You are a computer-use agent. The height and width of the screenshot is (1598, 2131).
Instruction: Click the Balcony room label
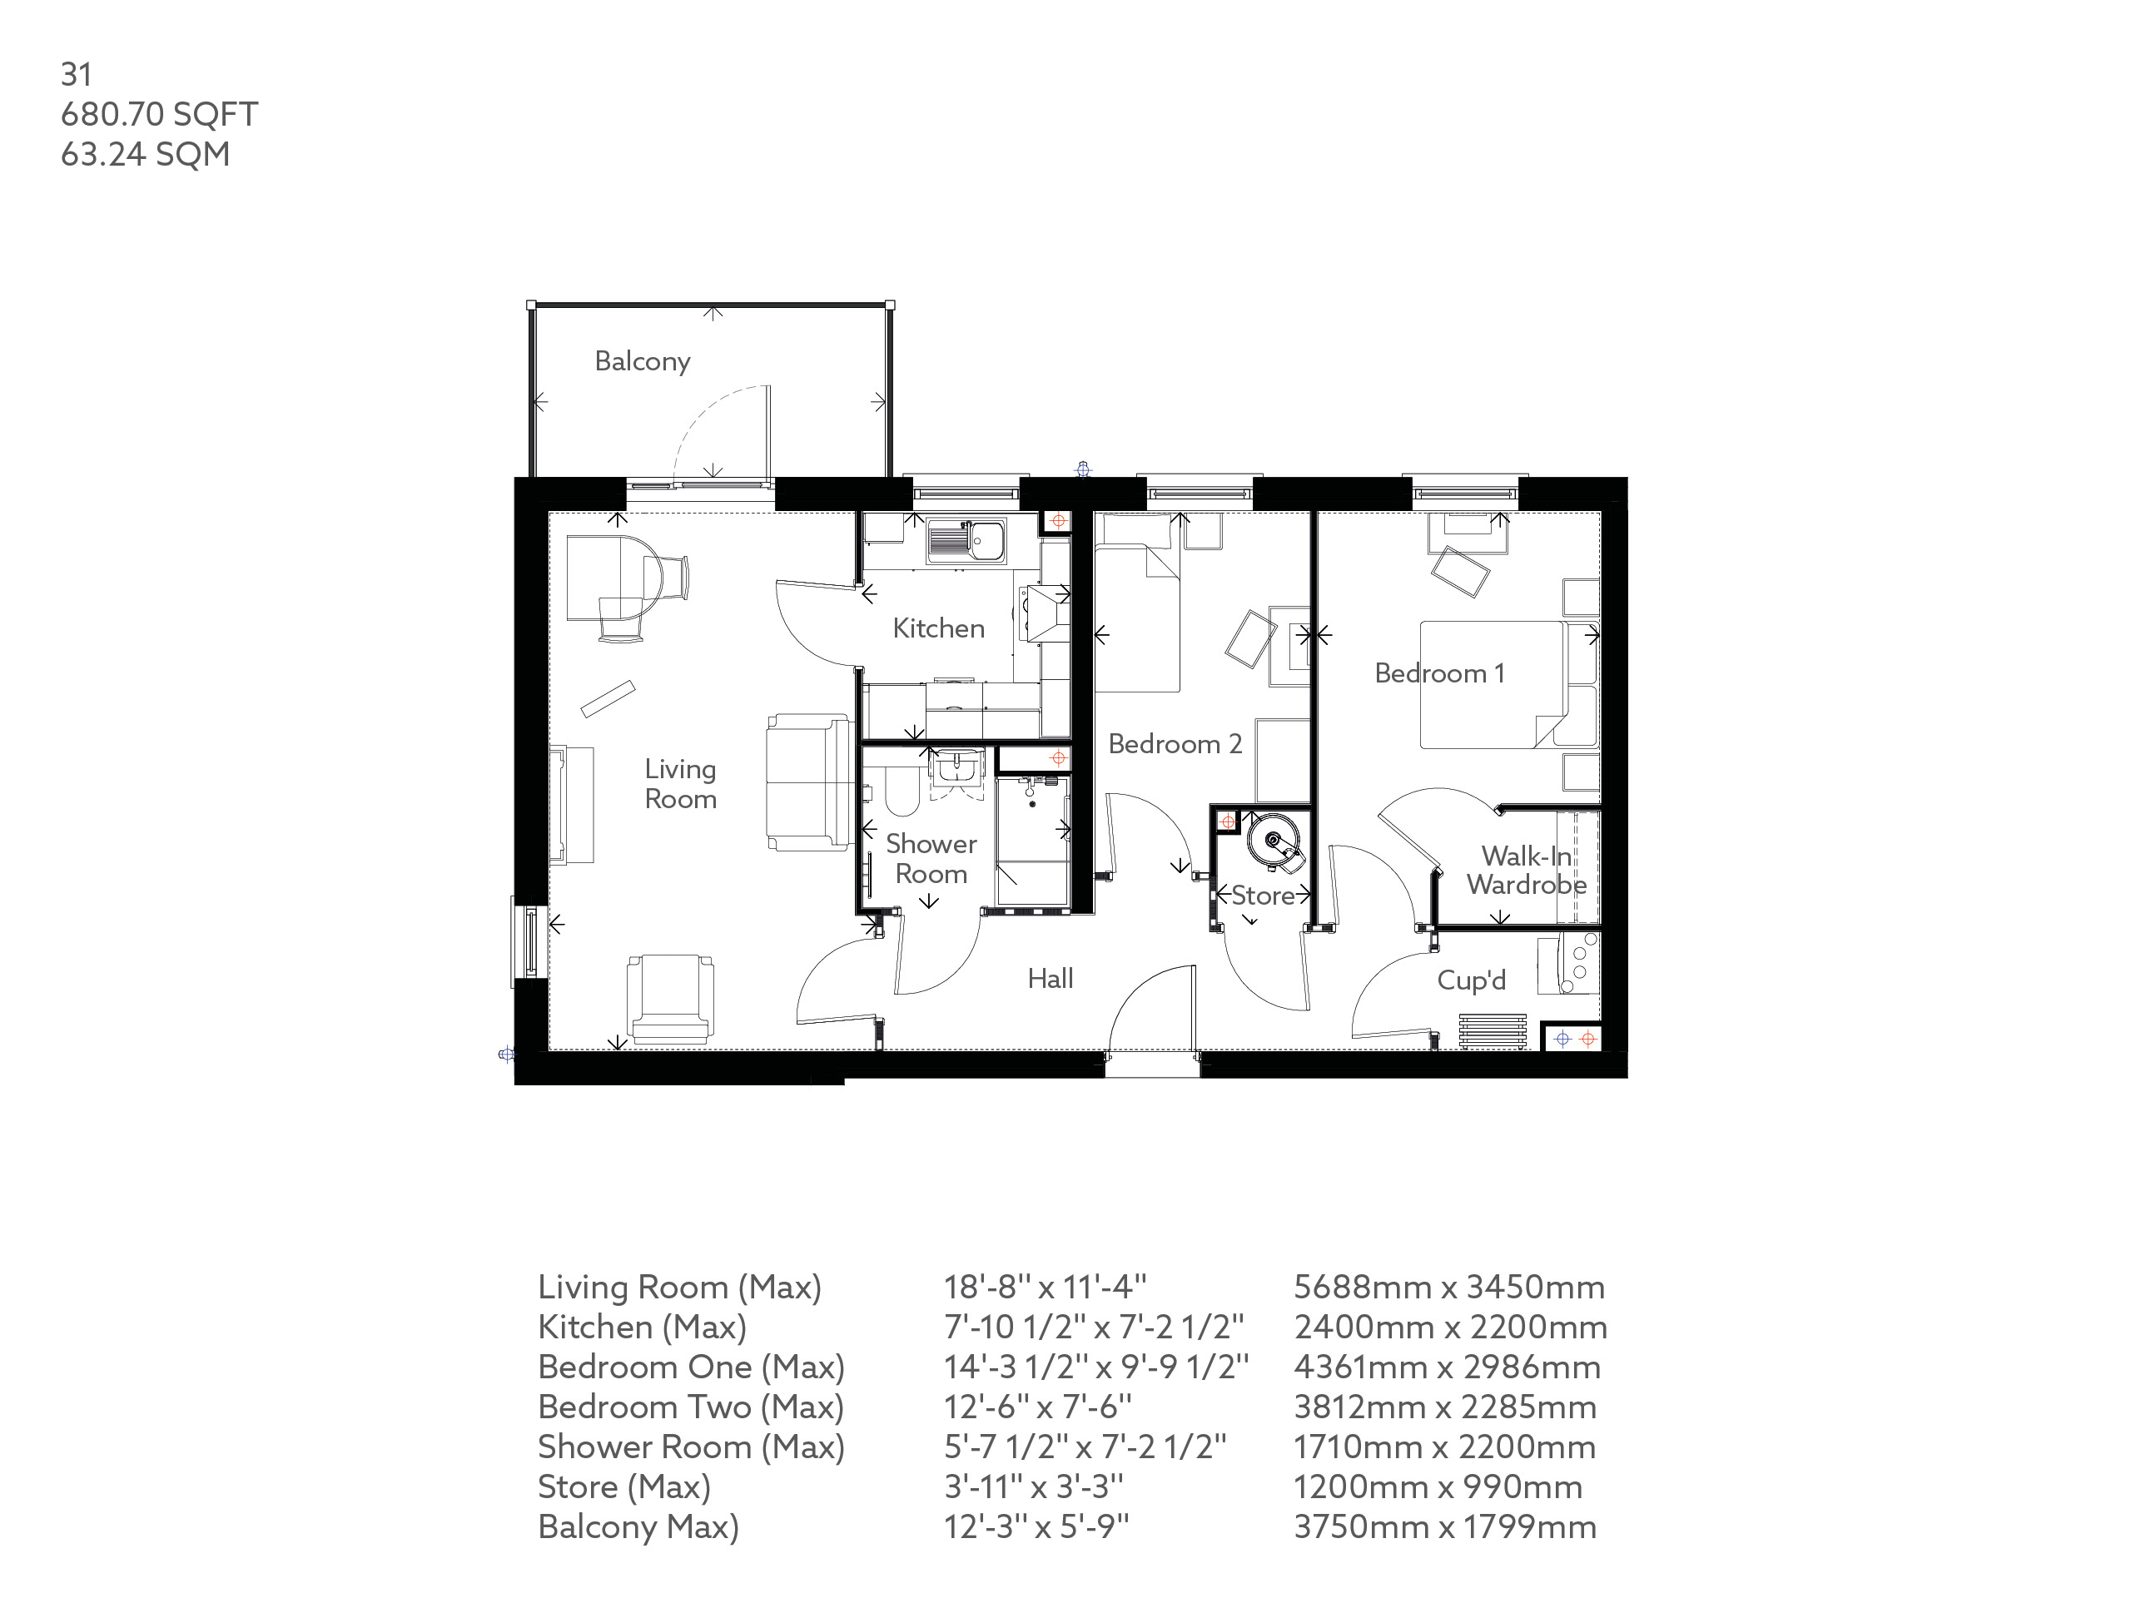coord(642,361)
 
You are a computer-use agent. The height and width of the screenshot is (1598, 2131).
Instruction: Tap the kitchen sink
coord(966,541)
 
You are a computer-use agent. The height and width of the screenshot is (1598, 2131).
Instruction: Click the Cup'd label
coord(1470,980)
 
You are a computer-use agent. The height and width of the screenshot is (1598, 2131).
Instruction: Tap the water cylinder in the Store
coord(1274,841)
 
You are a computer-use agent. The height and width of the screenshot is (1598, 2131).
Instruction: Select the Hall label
coord(1049,979)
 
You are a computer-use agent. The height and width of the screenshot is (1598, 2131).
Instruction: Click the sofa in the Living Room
coord(807,782)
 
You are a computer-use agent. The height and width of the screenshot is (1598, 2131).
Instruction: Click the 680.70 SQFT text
coord(159,115)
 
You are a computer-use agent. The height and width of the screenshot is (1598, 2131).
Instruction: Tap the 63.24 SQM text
coord(145,154)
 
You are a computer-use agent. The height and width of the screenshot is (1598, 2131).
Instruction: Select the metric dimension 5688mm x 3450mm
coord(1448,1287)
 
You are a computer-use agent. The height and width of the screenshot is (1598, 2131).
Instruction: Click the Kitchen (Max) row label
coord(642,1328)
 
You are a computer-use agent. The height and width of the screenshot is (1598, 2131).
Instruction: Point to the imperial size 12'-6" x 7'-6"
coord(1036,1407)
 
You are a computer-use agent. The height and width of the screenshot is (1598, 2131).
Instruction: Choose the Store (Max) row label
coord(623,1487)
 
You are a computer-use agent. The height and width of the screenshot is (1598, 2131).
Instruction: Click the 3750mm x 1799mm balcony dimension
coord(1444,1526)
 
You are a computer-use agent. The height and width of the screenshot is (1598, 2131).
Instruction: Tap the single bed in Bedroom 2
coord(1137,617)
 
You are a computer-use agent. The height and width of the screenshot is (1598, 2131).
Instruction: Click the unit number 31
coord(76,74)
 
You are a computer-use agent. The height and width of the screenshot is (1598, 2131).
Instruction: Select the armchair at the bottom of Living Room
coord(669,997)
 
